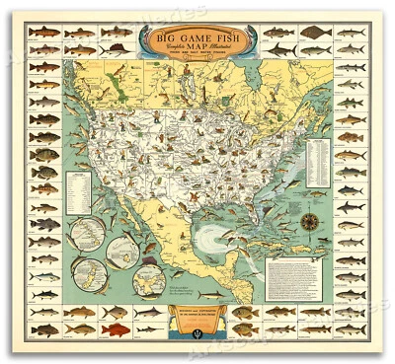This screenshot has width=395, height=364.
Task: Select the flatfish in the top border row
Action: point(314,34)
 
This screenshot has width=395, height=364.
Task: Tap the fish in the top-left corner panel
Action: point(42,34)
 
